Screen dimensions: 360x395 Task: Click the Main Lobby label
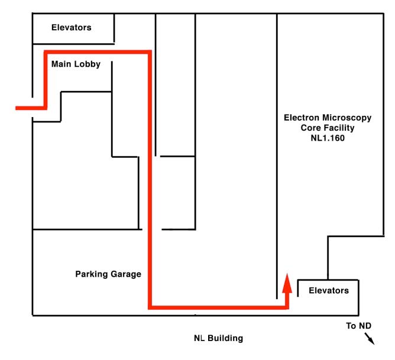76,64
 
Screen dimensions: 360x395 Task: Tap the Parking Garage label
108,274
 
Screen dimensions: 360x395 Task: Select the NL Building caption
218,339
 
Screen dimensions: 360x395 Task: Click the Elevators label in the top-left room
72,27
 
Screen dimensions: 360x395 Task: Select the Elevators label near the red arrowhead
329,290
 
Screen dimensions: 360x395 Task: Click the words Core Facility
327,128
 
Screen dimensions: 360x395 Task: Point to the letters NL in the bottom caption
199,339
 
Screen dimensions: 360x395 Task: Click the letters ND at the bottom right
366,326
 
